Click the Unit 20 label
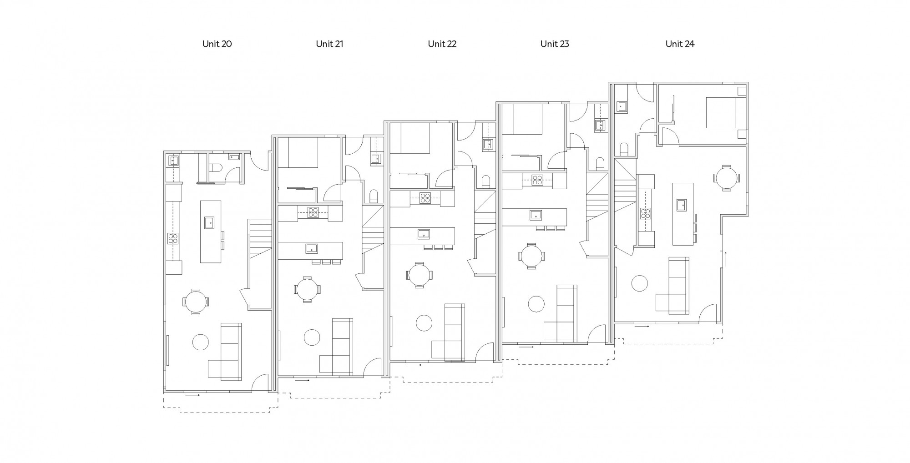click(x=217, y=44)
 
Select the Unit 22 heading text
click(x=442, y=44)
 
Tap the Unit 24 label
click(x=680, y=44)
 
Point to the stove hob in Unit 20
click(x=173, y=239)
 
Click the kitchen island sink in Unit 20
click(x=209, y=223)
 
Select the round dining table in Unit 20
click(x=196, y=301)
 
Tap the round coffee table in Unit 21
click(x=312, y=337)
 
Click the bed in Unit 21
click(x=303, y=153)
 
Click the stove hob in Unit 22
click(x=425, y=198)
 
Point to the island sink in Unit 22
click(x=424, y=234)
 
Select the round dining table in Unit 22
click(x=419, y=275)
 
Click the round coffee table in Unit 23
click(x=536, y=304)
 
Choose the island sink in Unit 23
click(x=535, y=214)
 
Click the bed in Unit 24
click(x=721, y=112)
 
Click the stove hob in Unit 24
click(x=645, y=213)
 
